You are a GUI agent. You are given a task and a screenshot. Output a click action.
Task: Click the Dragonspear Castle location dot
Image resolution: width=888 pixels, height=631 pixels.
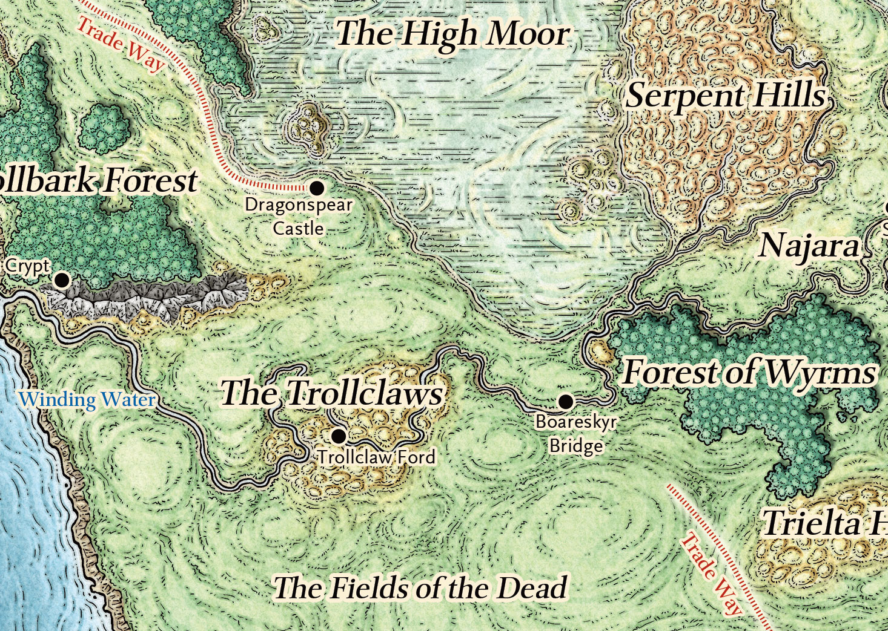(x=316, y=188)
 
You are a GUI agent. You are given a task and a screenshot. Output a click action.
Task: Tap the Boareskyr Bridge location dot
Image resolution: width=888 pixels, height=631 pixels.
(x=565, y=401)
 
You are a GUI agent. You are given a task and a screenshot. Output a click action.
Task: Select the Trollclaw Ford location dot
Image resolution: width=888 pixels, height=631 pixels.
(x=339, y=436)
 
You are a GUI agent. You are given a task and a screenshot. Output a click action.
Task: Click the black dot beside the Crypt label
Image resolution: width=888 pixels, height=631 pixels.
(x=61, y=280)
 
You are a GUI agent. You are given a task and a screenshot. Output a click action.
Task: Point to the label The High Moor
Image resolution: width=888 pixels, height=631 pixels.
(x=452, y=34)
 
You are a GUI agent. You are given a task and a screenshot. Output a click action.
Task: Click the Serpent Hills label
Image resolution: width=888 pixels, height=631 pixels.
(x=725, y=96)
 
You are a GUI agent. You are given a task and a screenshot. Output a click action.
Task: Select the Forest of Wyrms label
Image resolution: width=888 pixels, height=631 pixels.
(x=749, y=372)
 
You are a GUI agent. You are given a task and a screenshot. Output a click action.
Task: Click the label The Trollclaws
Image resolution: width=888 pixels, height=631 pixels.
(x=331, y=394)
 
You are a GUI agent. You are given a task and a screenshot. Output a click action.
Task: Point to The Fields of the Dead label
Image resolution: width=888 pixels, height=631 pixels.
(x=420, y=588)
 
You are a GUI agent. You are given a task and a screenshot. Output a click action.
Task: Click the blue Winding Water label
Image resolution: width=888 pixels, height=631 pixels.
(x=87, y=400)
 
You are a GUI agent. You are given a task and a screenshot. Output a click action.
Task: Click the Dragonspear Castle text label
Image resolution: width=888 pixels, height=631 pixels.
(x=298, y=217)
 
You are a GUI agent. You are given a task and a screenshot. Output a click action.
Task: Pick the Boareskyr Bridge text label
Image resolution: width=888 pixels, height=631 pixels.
(x=576, y=434)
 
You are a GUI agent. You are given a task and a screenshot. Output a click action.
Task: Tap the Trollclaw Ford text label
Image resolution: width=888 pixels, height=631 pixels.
(x=376, y=457)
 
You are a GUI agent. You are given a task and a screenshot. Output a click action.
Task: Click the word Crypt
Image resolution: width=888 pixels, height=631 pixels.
(x=27, y=266)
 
